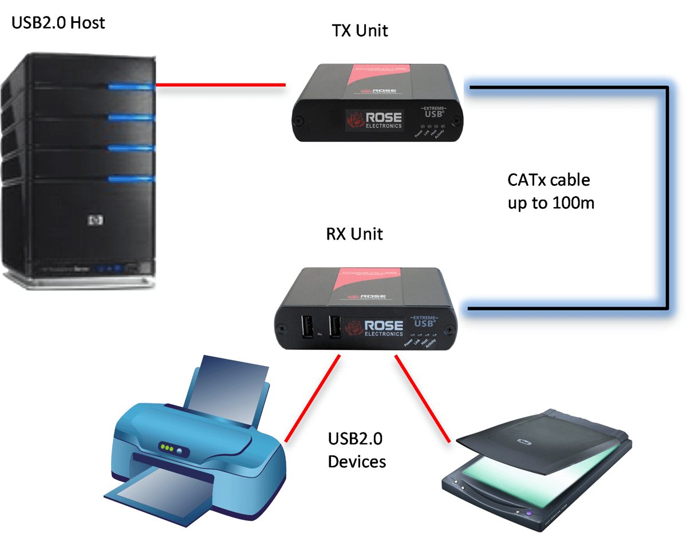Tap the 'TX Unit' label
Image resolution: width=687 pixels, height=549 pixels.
tap(360, 30)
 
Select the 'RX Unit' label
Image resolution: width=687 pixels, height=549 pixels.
tap(354, 234)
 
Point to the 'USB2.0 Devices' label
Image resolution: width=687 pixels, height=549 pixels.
tap(356, 450)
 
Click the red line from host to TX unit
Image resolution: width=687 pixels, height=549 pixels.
tap(220, 86)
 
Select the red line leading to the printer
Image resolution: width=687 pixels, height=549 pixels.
tap(313, 398)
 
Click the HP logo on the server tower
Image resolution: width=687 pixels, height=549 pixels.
tap(93, 220)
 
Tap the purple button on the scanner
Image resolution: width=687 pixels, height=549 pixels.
tap(529, 512)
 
